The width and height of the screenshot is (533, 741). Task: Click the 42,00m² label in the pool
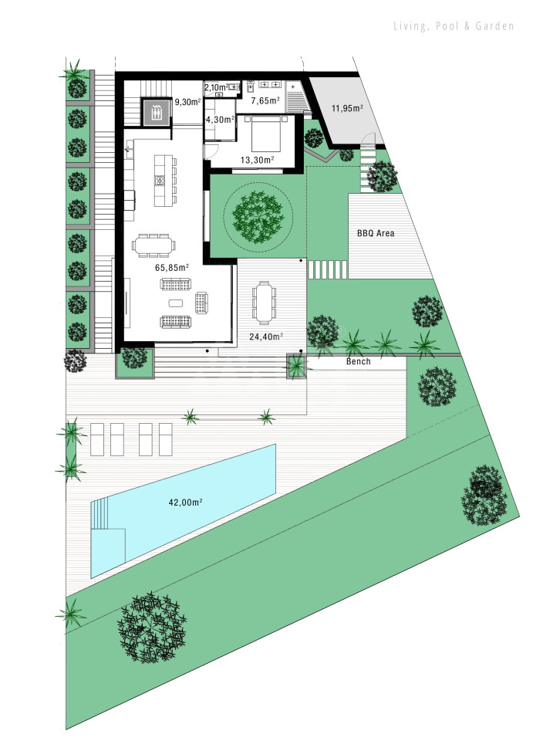(x=186, y=502)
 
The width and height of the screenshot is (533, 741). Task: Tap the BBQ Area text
(x=376, y=233)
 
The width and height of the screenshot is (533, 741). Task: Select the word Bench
(x=359, y=361)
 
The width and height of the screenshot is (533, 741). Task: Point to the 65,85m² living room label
(x=172, y=268)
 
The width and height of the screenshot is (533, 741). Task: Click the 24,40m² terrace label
(x=266, y=337)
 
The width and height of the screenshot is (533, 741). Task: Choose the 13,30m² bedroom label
(x=258, y=160)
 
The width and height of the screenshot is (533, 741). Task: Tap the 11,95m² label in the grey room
(x=347, y=108)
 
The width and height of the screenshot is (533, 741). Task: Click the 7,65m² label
(x=265, y=100)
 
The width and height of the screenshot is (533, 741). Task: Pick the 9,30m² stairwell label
(x=188, y=101)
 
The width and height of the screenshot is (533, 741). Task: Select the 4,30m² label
(x=220, y=120)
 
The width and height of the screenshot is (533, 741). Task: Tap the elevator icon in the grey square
(x=156, y=113)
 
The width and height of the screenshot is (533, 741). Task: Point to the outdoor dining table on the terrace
(x=264, y=303)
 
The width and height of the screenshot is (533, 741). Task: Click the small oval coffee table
(x=175, y=303)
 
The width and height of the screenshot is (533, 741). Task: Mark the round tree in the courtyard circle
(x=258, y=217)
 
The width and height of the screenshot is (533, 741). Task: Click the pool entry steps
(x=100, y=514)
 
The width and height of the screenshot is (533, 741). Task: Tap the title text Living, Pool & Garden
(x=454, y=26)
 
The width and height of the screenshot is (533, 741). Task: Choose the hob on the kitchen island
(x=160, y=180)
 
